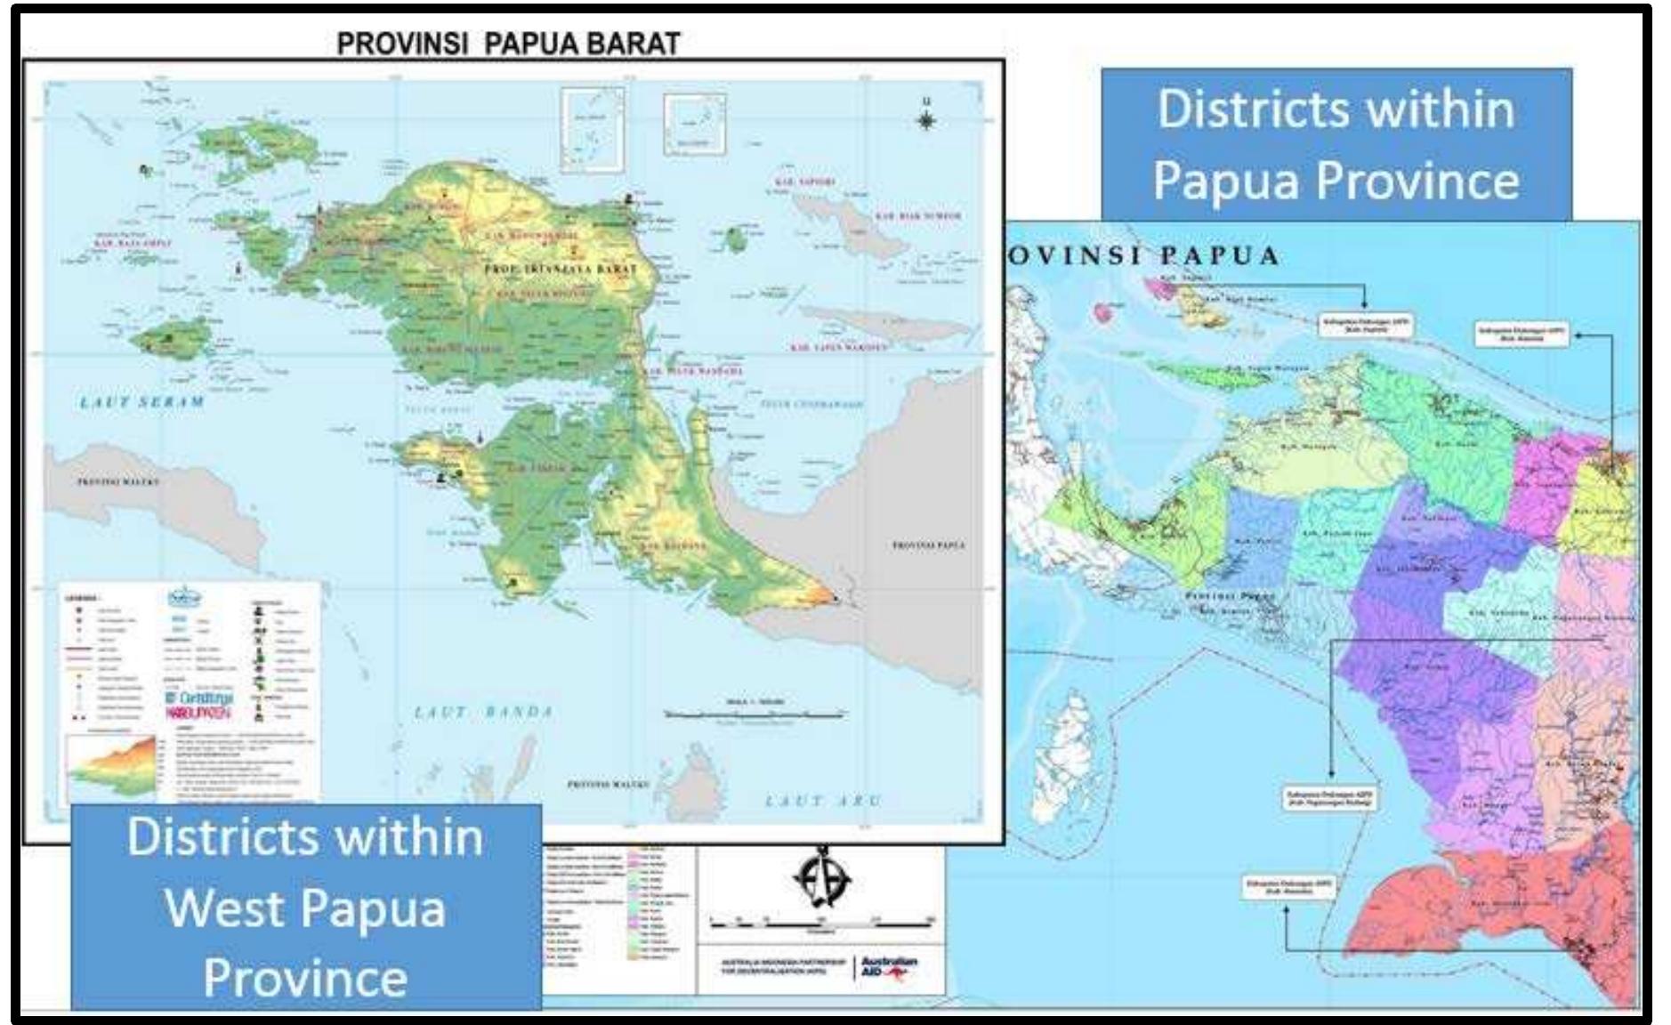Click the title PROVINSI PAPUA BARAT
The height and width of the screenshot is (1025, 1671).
point(508,44)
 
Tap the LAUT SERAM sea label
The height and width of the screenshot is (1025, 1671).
point(142,402)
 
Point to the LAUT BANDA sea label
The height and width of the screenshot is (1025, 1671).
point(484,712)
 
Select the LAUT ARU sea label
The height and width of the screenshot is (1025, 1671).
point(823,801)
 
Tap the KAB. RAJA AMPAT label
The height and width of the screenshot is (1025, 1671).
point(133,242)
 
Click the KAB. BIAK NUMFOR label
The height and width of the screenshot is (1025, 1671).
point(917,216)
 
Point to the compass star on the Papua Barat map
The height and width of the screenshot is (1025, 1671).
point(926,120)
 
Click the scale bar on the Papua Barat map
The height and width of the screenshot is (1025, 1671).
point(755,714)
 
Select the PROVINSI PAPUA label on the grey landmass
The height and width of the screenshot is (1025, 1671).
point(928,545)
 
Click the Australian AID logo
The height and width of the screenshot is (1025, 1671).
point(888,969)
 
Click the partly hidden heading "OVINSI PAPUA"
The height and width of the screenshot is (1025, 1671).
point(1143,256)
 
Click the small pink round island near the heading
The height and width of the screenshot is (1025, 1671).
point(1103,311)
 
